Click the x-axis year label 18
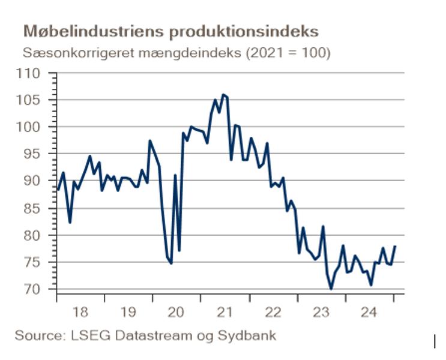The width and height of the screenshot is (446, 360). (x=80, y=312)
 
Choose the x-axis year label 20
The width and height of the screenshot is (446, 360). (x=176, y=312)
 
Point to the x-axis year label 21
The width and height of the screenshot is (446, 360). (x=225, y=312)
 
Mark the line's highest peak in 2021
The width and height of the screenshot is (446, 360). (x=223, y=94)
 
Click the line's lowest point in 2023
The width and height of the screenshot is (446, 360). (x=331, y=289)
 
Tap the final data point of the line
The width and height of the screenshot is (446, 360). (x=395, y=246)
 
